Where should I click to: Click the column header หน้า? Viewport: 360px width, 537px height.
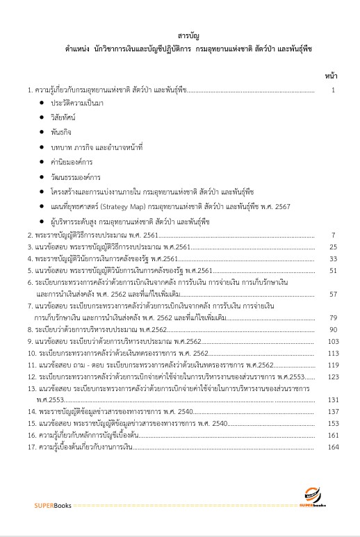[x=330, y=74]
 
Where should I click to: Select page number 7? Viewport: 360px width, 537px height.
[x=334, y=236]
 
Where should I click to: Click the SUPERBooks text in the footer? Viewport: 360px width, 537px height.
[x=49, y=504]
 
